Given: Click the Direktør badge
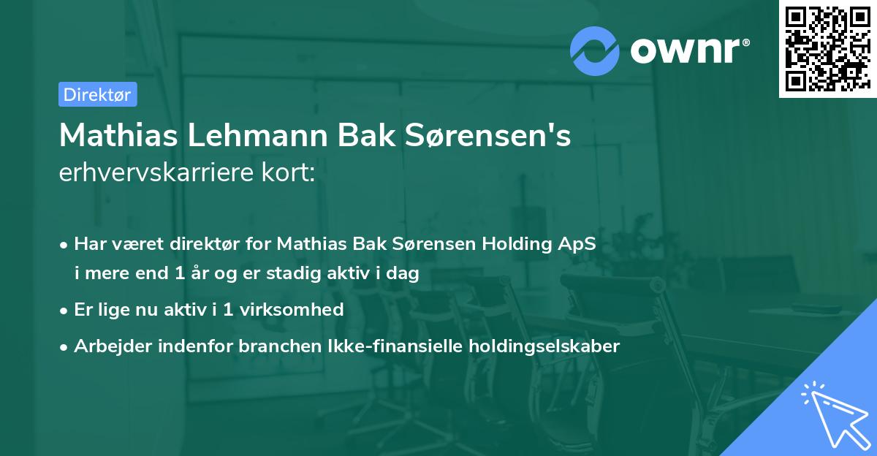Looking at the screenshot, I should (x=97, y=94).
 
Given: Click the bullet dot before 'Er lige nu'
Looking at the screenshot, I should (x=65, y=310).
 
